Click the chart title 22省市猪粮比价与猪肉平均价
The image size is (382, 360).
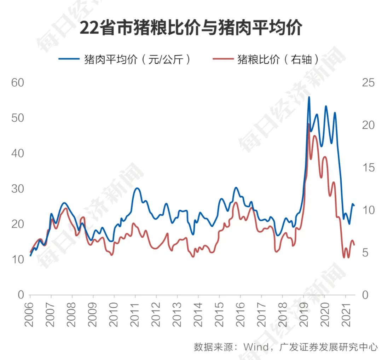click(191, 28)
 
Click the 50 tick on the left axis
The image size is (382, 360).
click(17, 118)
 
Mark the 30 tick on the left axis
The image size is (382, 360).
click(17, 188)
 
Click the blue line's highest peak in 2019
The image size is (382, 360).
click(309, 97)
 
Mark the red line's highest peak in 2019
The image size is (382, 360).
click(308, 124)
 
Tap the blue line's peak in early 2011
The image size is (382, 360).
click(137, 188)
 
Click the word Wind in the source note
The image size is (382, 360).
click(255, 347)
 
